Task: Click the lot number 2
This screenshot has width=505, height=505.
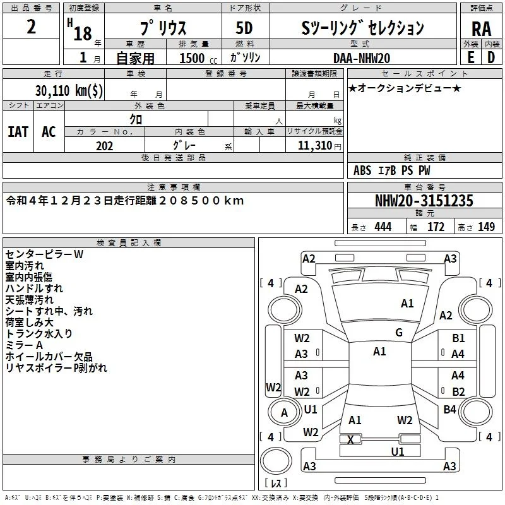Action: (x=31, y=27)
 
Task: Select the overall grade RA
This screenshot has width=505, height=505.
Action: (x=481, y=29)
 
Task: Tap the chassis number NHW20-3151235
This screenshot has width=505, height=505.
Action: (x=424, y=200)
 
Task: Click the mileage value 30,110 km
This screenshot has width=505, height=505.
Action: (x=69, y=90)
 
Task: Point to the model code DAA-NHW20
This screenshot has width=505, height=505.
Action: (x=362, y=58)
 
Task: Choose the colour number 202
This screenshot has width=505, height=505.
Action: (x=105, y=146)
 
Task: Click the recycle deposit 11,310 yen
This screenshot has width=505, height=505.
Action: (x=319, y=146)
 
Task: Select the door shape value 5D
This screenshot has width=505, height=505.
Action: (x=244, y=28)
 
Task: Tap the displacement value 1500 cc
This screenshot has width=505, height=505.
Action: (x=198, y=58)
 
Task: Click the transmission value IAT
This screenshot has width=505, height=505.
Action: (x=18, y=132)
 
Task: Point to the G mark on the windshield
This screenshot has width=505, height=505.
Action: (x=399, y=332)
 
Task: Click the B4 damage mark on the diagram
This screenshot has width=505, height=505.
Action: (x=449, y=409)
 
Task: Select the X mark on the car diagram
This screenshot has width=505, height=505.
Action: (x=350, y=439)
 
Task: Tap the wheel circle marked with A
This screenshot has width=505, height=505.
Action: (x=284, y=412)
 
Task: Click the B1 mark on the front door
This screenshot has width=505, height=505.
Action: (x=458, y=338)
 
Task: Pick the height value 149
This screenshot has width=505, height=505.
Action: (x=486, y=227)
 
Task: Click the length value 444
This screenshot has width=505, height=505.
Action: (x=383, y=227)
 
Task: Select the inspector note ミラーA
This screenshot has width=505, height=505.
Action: (x=24, y=345)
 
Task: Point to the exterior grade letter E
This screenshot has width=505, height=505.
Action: (x=471, y=57)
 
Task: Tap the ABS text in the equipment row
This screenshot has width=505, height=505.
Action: (x=362, y=170)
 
